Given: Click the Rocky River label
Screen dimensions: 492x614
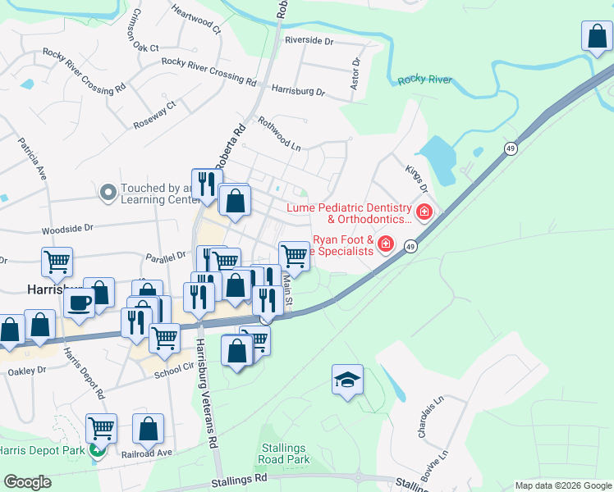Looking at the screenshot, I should coord(424,80).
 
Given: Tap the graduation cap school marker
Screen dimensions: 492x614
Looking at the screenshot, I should coord(347,380).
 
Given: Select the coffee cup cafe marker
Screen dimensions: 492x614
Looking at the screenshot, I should coord(79,303).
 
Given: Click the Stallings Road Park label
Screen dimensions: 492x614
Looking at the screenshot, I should coord(284,453).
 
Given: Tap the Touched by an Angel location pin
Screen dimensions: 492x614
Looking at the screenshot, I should coord(108,193).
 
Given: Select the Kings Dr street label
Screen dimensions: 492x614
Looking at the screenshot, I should coord(417,179).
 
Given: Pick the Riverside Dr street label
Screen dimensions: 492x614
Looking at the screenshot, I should coord(309,40).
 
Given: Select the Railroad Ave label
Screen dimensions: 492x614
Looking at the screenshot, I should coord(147,452).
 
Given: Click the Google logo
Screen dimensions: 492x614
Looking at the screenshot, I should coord(27,482).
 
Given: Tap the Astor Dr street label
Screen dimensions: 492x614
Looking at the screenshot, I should coord(356,74).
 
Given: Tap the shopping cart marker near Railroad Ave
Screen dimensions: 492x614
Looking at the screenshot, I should coord(101,427).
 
